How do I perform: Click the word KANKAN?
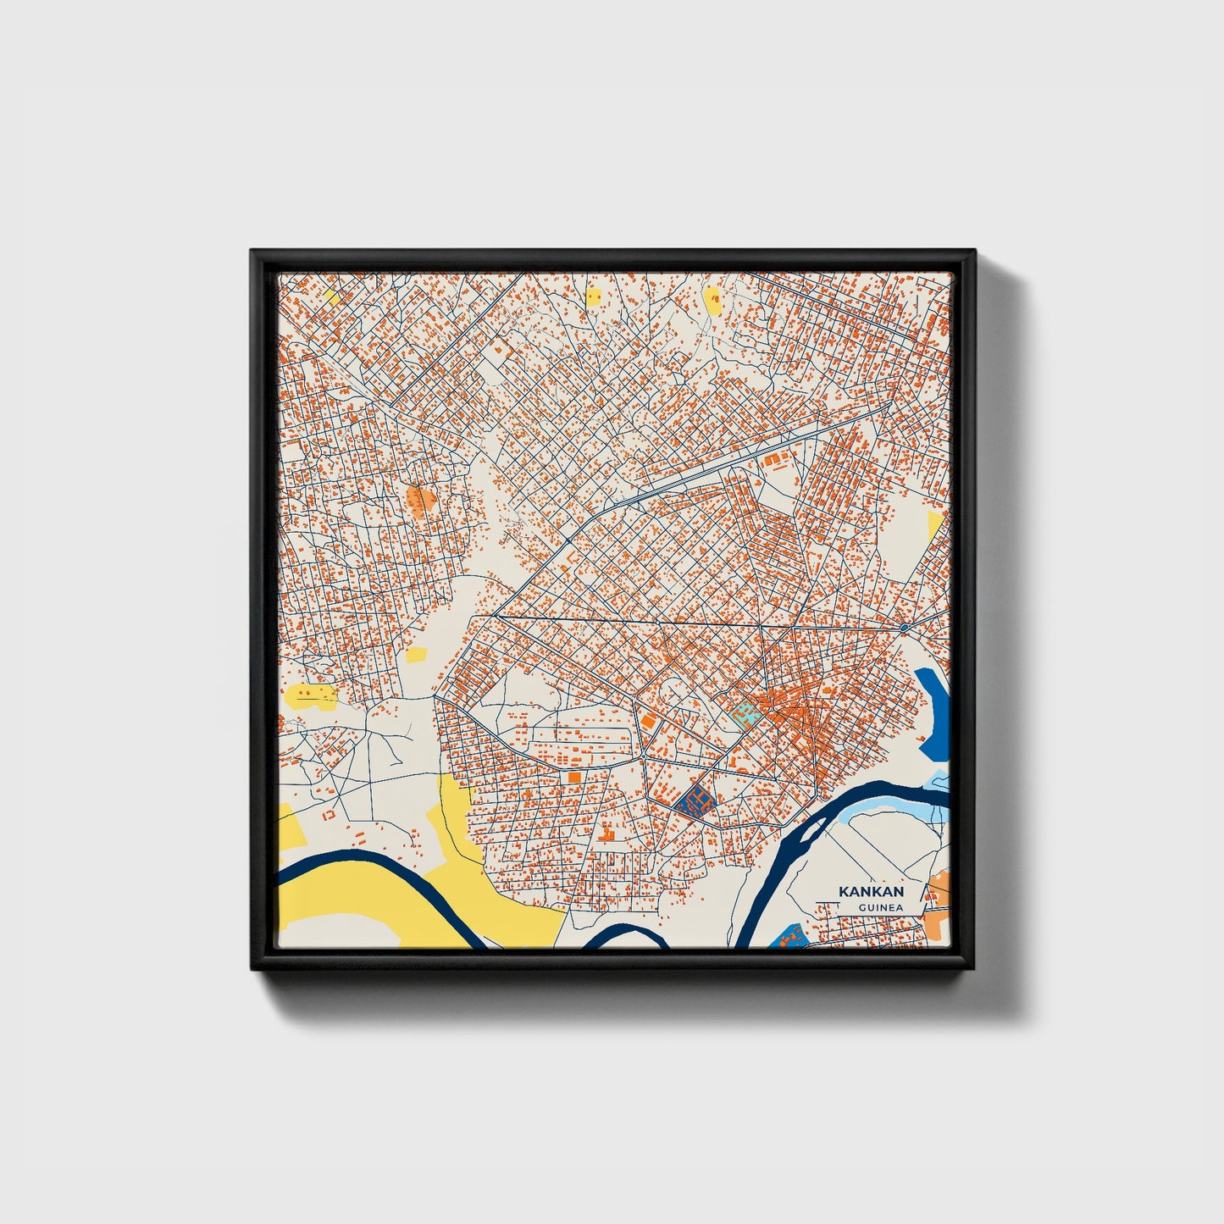(x=871, y=891)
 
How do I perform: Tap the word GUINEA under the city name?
(x=879, y=908)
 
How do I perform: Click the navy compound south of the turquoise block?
(x=696, y=800)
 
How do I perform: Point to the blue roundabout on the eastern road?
(x=905, y=628)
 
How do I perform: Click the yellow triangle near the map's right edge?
(x=934, y=524)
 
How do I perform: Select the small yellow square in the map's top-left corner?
(x=333, y=297)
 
